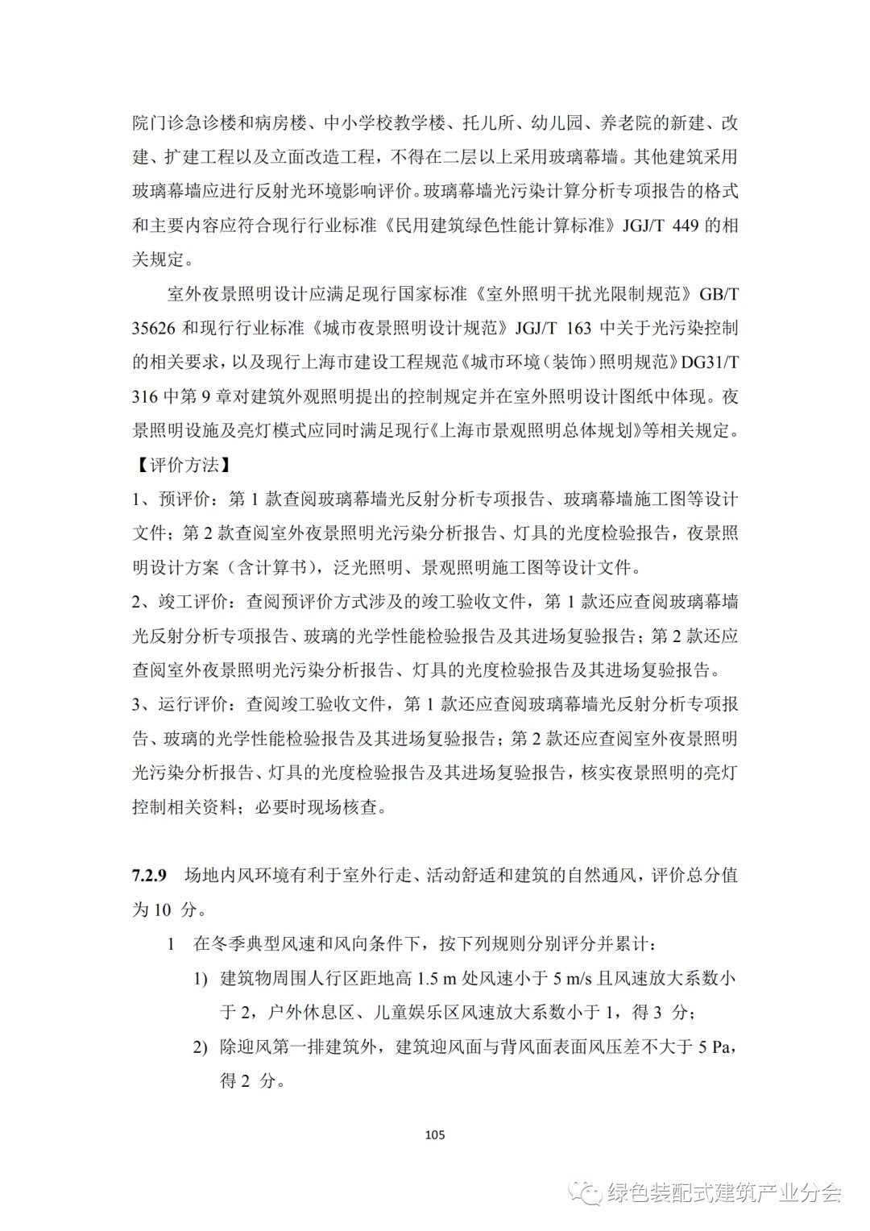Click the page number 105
tap(434, 1135)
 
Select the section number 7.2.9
tap(149, 875)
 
